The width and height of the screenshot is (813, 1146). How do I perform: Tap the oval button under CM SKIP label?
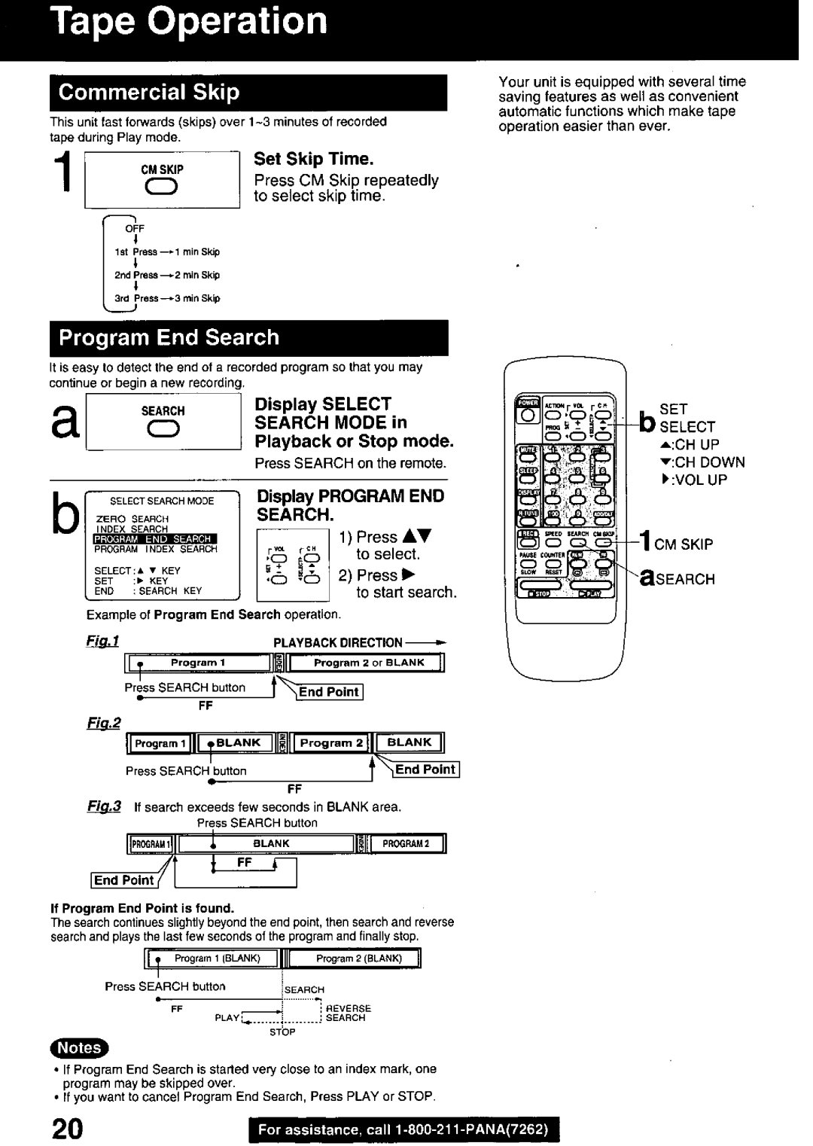163,188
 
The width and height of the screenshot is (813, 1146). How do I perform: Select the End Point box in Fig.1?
330,692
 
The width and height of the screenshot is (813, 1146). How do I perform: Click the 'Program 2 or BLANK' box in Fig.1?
369,663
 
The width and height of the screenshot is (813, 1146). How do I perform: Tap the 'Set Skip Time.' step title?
313,159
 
